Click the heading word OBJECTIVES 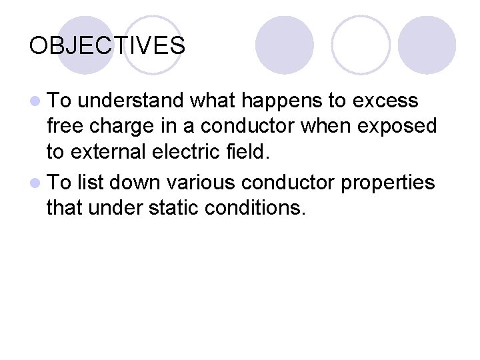coord(107,46)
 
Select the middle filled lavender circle coord(284,45)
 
